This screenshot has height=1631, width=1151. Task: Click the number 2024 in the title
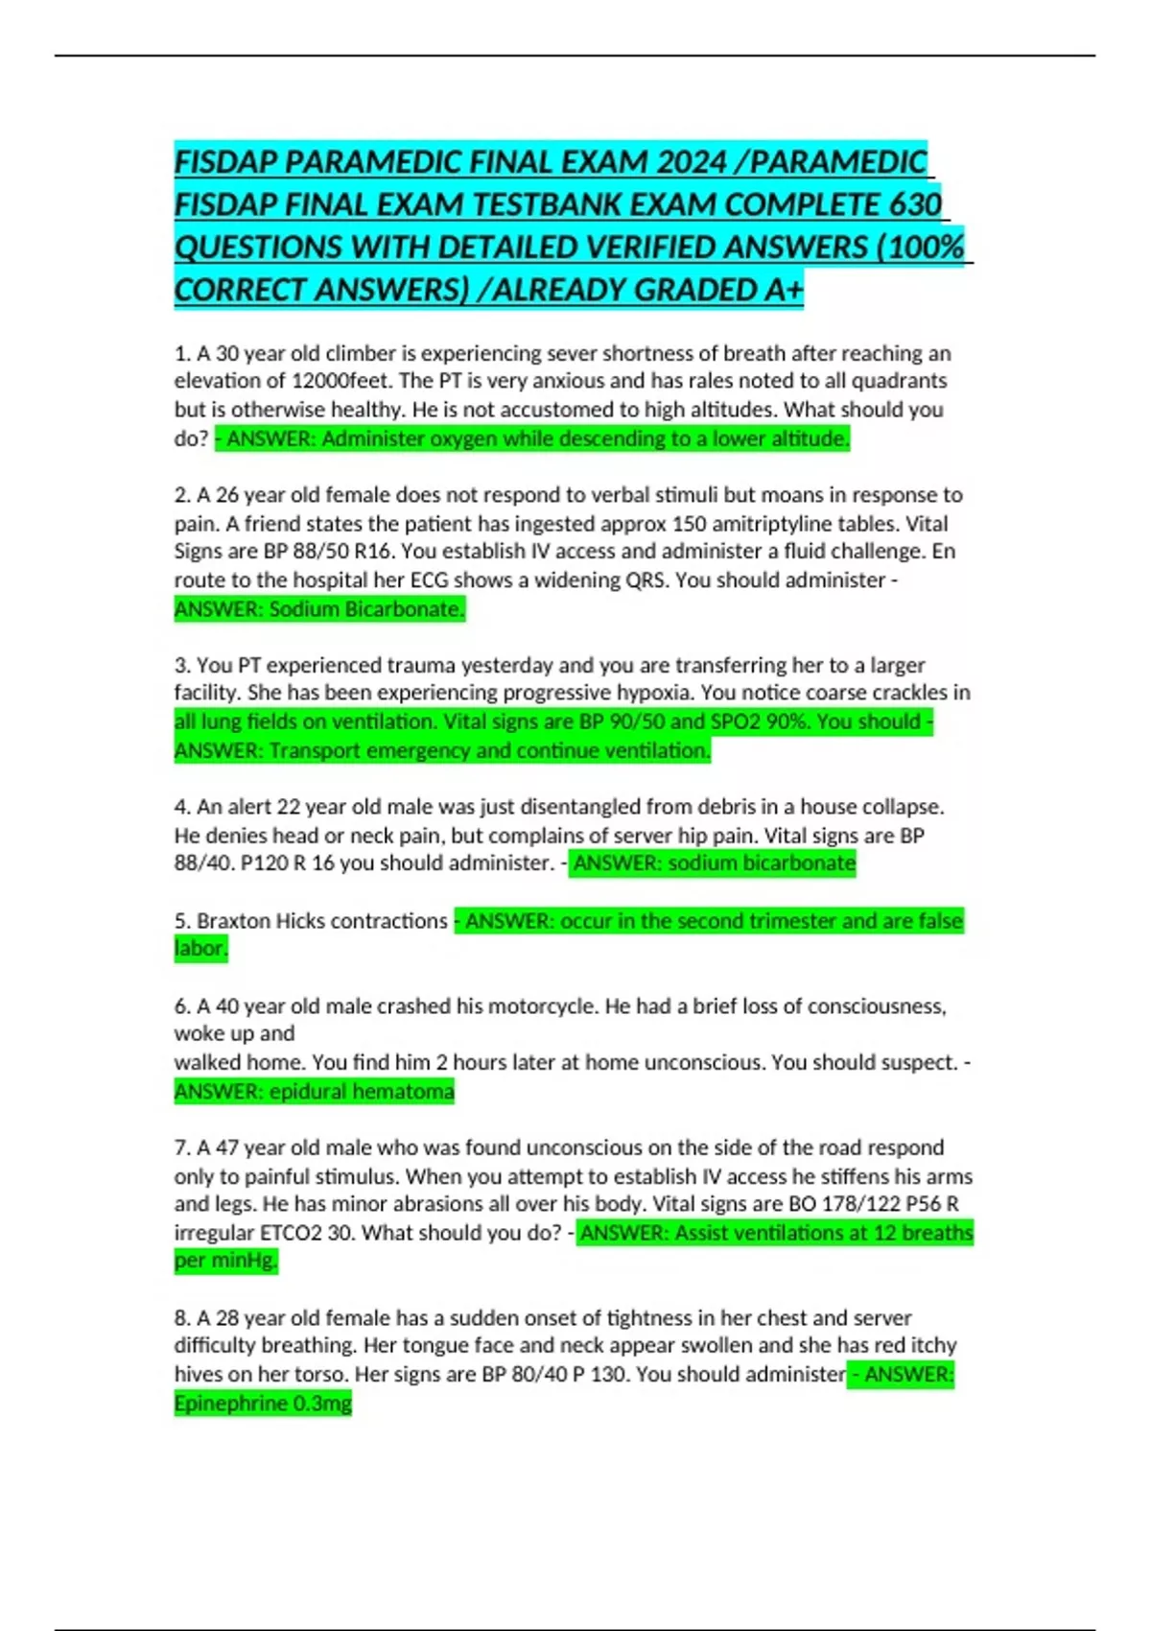[x=692, y=162]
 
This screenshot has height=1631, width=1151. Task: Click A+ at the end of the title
[x=784, y=290]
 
